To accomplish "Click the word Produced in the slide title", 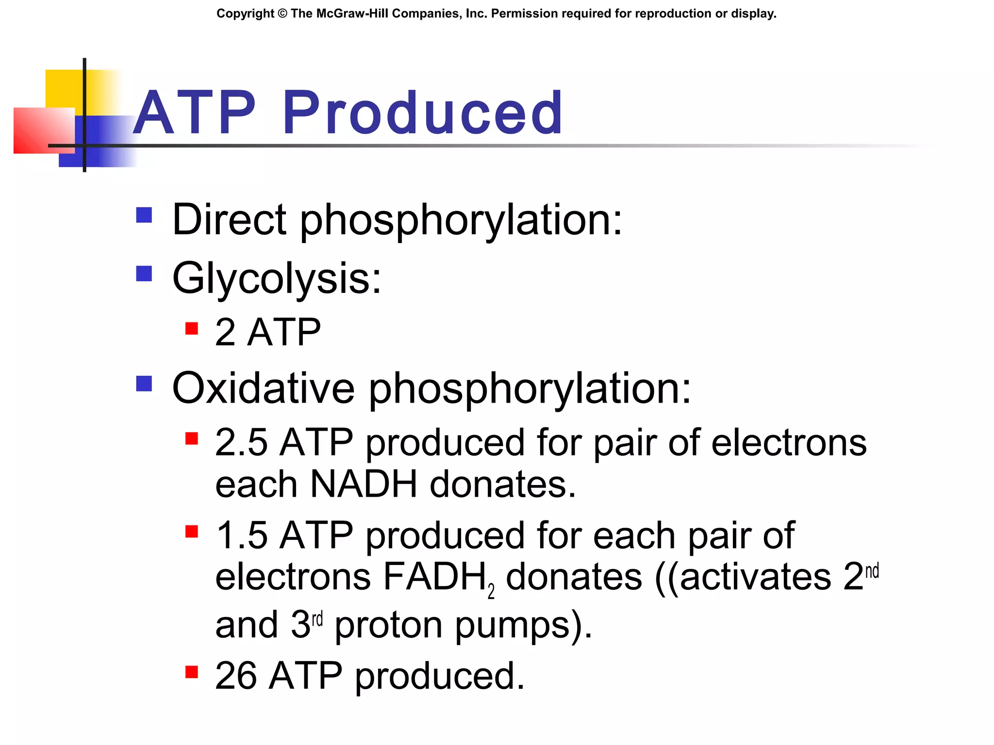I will click(x=422, y=113).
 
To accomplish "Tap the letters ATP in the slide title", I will click(x=194, y=113).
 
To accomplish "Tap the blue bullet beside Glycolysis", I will click(x=144, y=274).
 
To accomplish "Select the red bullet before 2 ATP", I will click(x=192, y=329).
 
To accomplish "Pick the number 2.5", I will click(x=241, y=442).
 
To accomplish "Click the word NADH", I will click(x=364, y=484).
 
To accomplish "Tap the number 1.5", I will click(x=241, y=535).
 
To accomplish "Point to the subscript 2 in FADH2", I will click(x=491, y=591).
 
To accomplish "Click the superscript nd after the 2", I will click(x=872, y=571).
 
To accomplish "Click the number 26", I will click(x=236, y=676).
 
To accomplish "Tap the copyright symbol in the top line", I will click(x=282, y=14).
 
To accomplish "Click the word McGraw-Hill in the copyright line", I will click(x=352, y=14).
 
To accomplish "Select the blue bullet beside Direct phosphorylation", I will click(x=144, y=215).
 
